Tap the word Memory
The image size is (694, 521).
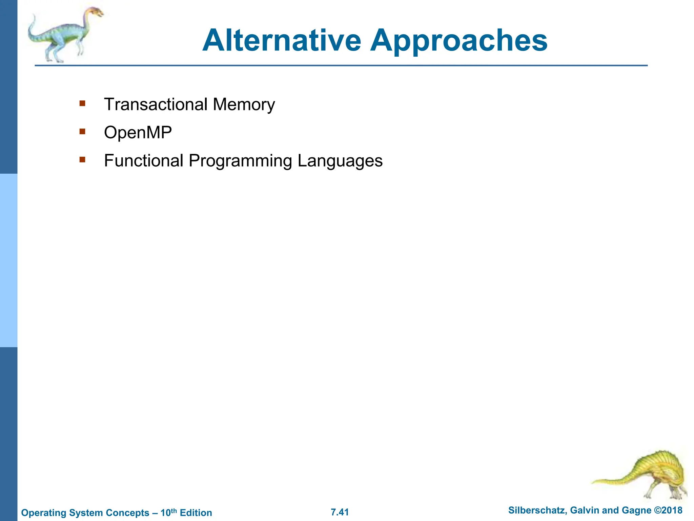tap(244, 105)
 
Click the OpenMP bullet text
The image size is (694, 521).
tap(138, 133)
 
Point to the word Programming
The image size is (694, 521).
tap(240, 161)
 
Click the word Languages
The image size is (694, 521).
tap(340, 161)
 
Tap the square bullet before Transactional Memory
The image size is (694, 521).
tap(82, 103)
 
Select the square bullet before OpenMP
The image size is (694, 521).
tap(82, 131)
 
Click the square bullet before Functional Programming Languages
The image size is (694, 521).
tap(82, 159)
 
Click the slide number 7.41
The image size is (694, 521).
tap(340, 512)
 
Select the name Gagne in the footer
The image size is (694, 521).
tap(637, 510)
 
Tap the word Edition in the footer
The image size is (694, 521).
tap(196, 513)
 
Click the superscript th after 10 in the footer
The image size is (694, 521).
tap(174, 510)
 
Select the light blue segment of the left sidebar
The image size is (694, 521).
tap(8, 260)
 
